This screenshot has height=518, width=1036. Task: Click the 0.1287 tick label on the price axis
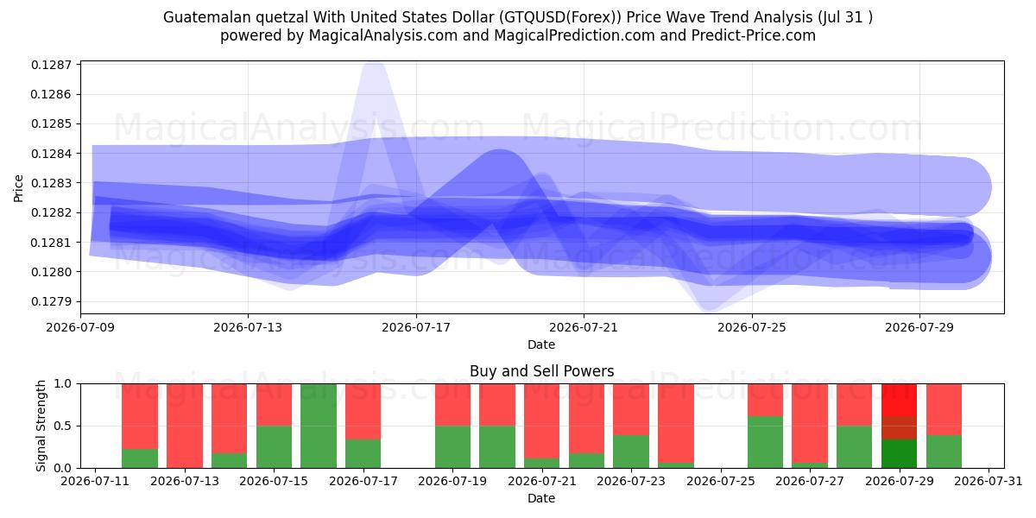(x=51, y=65)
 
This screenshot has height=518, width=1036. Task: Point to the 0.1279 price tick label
(x=51, y=301)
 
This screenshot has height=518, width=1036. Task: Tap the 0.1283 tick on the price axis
(x=51, y=183)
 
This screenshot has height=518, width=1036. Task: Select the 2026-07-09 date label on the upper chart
(x=80, y=327)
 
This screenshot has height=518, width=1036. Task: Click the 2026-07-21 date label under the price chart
(x=584, y=327)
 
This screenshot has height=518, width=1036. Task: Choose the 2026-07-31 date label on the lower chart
(x=989, y=481)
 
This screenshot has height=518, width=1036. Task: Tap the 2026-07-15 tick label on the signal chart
(x=274, y=481)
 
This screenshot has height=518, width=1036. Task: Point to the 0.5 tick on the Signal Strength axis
(x=63, y=426)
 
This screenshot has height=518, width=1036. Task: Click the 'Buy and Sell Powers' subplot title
(x=541, y=371)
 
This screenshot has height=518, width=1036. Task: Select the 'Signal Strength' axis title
(x=41, y=426)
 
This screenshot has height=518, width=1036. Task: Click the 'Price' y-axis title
(x=18, y=188)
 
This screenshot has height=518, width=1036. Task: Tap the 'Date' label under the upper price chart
(x=541, y=344)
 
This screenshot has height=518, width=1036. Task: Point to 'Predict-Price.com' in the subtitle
(x=754, y=35)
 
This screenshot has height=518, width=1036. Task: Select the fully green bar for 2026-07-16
(x=319, y=426)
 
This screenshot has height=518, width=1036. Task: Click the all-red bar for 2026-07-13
(x=185, y=426)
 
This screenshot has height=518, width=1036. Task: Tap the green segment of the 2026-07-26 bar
(x=766, y=442)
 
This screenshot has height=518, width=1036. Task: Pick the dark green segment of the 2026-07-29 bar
(x=899, y=454)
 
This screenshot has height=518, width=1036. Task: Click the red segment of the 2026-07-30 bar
(x=944, y=409)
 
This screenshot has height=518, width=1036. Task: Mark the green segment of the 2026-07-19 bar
(x=452, y=447)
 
